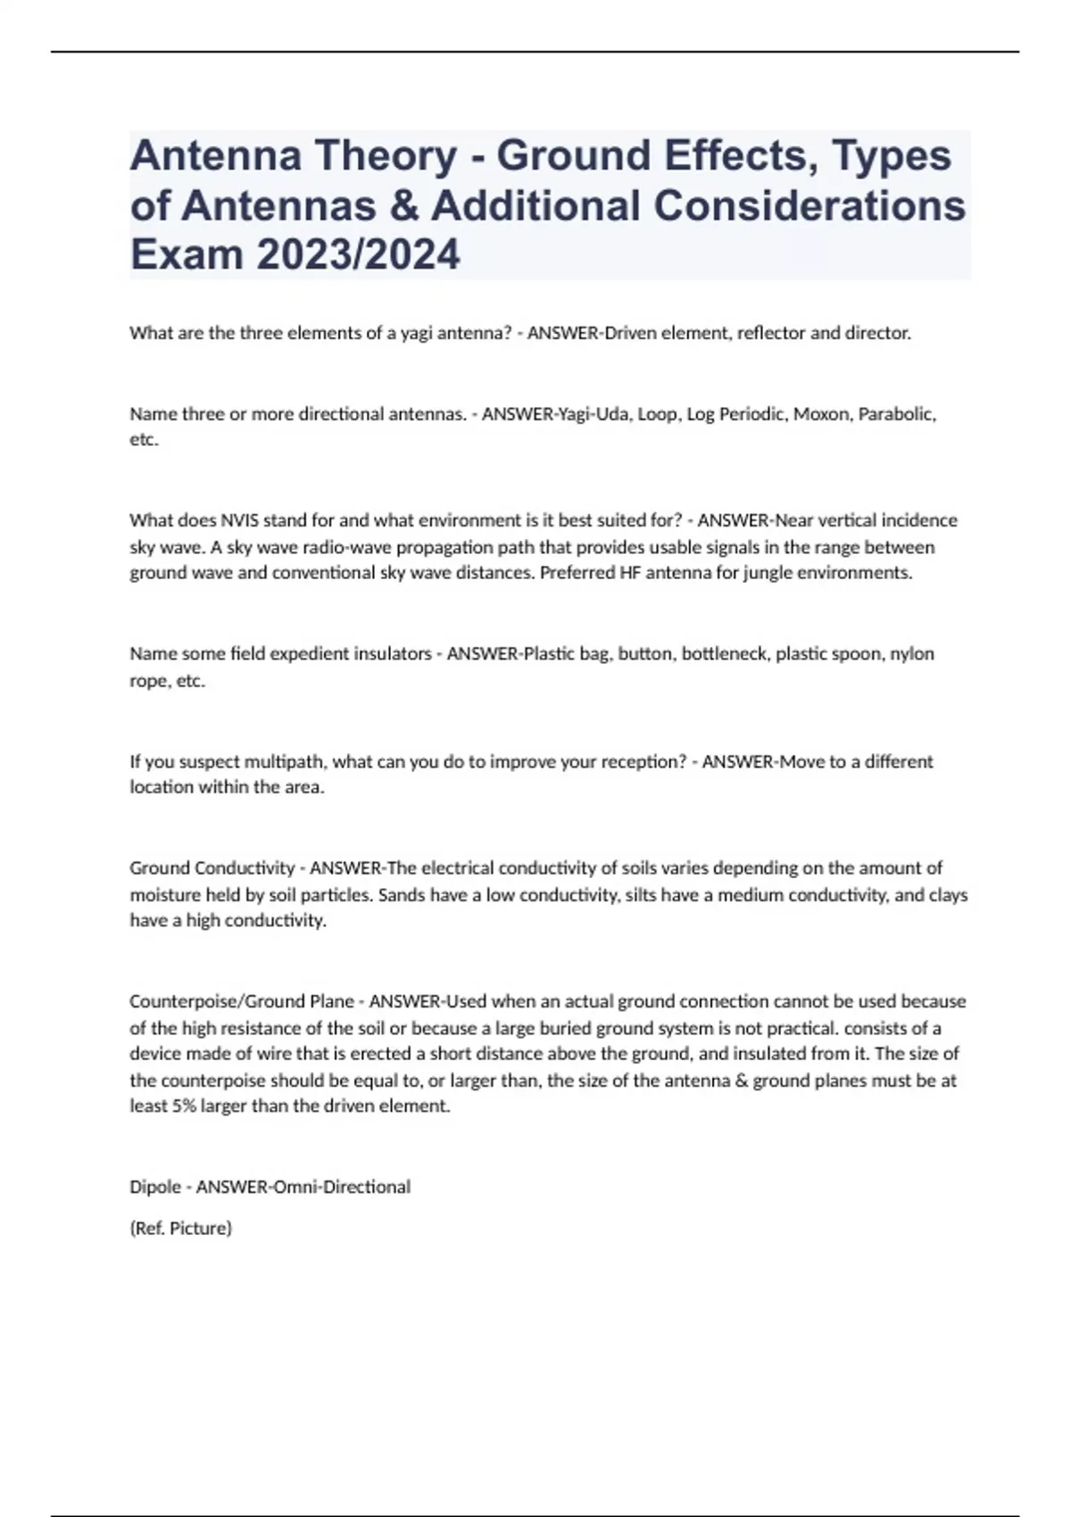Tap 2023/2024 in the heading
tap(358, 254)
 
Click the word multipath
tap(273, 761)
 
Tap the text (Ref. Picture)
tap(180, 1228)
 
